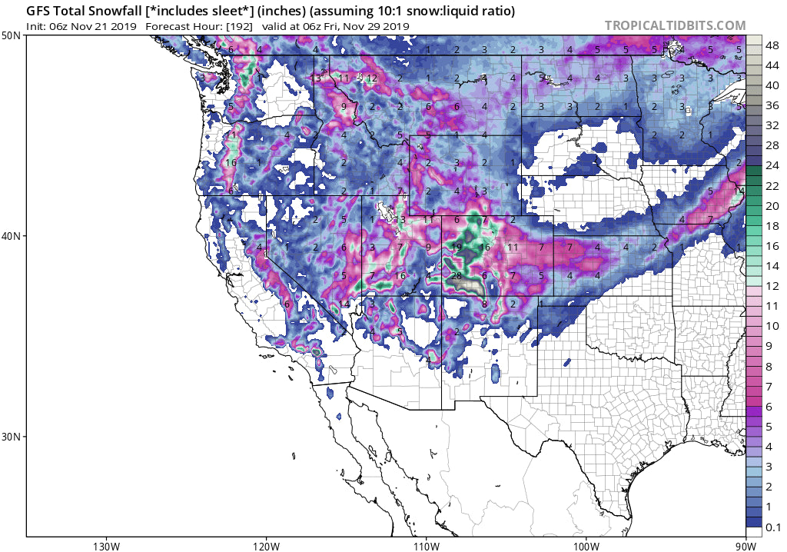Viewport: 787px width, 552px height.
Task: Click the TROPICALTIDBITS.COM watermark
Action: coord(675,25)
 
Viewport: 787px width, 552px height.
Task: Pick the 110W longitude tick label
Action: coord(425,546)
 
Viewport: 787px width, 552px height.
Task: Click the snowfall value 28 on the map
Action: coord(456,276)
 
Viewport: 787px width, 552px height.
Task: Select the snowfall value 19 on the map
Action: coord(457,248)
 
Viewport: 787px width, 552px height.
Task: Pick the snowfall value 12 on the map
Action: coord(372,78)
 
